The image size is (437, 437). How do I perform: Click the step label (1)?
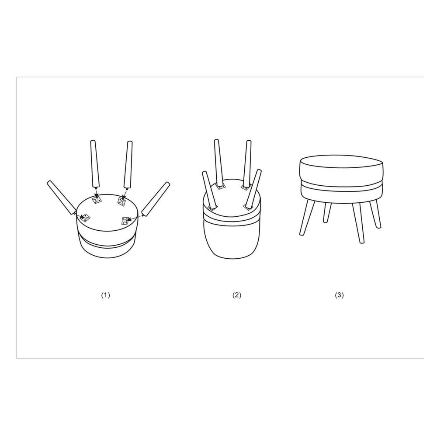105,295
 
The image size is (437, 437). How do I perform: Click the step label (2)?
236,295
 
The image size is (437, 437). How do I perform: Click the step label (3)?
339,295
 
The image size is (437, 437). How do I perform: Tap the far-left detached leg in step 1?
62,198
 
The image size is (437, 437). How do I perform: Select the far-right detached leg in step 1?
156,199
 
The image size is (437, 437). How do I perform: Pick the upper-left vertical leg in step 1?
94,164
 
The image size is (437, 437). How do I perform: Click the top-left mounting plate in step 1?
97,200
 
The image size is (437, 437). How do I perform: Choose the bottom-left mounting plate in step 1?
86,217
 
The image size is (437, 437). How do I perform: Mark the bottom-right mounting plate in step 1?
125,221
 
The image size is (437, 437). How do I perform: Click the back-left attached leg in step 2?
219,163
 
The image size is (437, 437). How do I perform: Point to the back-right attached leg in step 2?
247,163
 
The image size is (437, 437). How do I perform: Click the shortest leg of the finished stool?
327,212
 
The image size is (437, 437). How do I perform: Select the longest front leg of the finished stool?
358,223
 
